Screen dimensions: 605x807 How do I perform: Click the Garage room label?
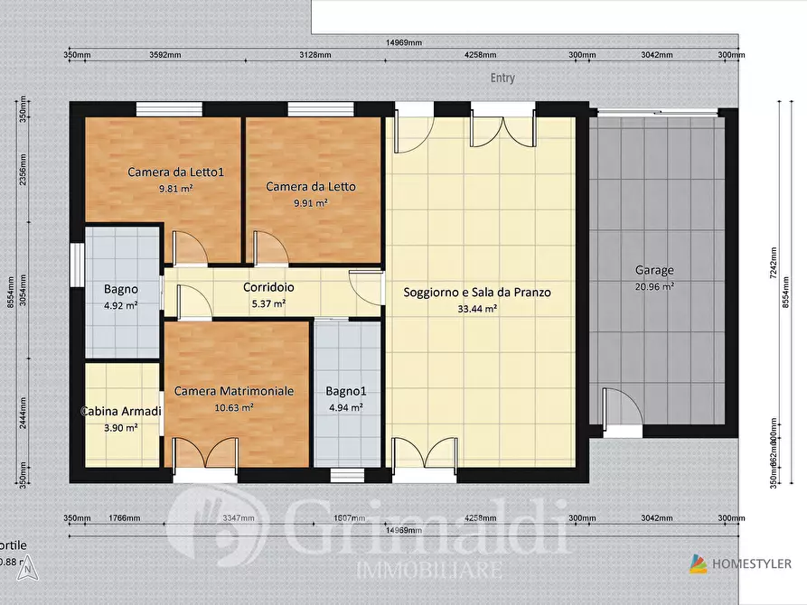(653, 270)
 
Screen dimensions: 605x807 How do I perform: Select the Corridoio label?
(267, 287)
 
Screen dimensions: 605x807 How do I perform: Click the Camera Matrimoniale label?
(233, 391)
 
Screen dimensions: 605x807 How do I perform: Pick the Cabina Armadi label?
(121, 412)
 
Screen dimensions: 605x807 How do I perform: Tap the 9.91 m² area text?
(310, 203)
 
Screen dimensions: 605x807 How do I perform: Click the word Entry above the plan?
(502, 78)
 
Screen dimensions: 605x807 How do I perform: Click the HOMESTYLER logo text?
(752, 563)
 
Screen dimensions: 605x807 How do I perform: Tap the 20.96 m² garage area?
(653, 286)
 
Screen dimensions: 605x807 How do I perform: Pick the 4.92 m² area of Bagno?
(120, 305)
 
